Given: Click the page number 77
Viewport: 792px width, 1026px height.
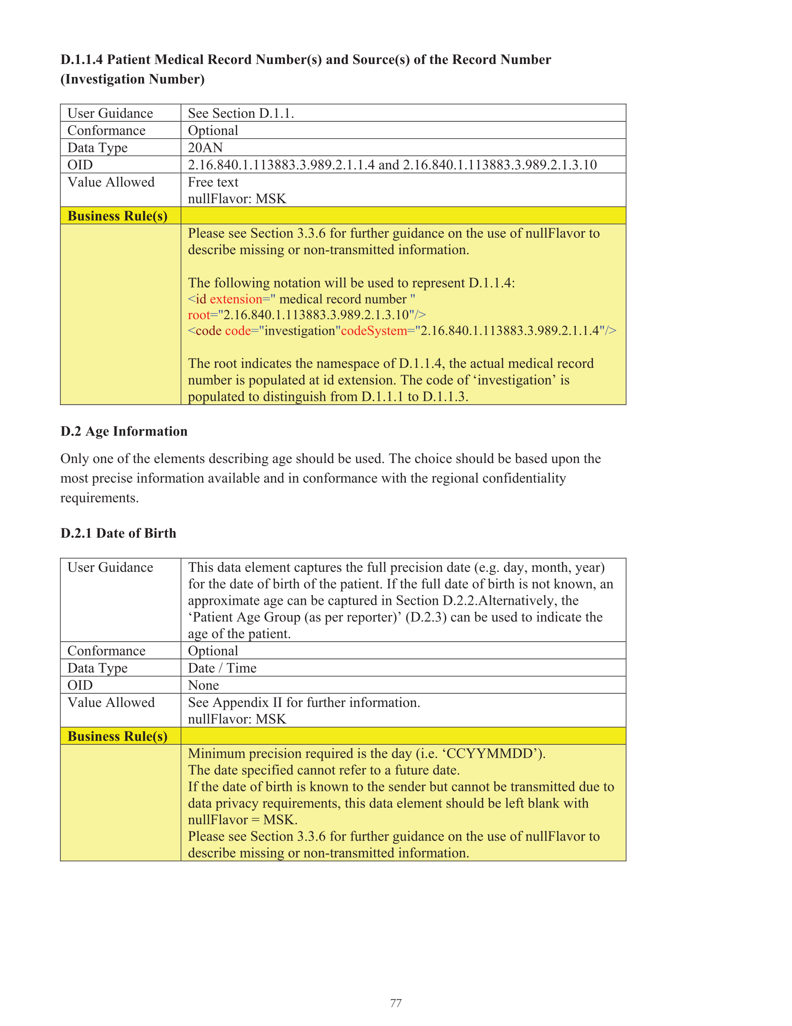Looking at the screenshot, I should [x=396, y=1003].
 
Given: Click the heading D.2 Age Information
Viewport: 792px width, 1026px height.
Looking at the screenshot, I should [x=124, y=431].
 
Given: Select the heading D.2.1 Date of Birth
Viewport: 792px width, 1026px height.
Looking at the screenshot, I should [x=118, y=533].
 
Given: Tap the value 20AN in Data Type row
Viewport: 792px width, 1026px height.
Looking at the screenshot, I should [x=205, y=148].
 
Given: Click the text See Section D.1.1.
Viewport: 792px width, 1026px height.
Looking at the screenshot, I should [x=241, y=113].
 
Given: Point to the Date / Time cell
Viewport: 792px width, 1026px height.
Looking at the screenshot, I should [x=222, y=668].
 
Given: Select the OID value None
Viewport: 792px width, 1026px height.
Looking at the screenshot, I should [x=203, y=686].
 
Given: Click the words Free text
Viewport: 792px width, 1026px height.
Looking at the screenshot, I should [x=213, y=182].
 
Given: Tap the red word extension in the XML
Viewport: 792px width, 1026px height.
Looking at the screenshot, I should [x=236, y=299].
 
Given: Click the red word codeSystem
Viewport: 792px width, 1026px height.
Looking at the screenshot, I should [x=374, y=331].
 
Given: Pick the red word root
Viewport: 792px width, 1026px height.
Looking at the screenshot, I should [x=198, y=315].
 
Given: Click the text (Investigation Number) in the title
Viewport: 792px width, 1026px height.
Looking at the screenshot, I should [x=132, y=80].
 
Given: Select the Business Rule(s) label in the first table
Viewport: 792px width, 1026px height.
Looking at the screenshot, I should [x=117, y=216].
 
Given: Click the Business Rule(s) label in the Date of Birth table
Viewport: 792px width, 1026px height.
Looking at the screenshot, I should [x=117, y=736].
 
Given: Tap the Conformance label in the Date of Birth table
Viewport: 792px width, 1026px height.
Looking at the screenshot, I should [x=107, y=651].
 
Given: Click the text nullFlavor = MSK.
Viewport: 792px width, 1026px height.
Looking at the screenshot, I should [x=243, y=820].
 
